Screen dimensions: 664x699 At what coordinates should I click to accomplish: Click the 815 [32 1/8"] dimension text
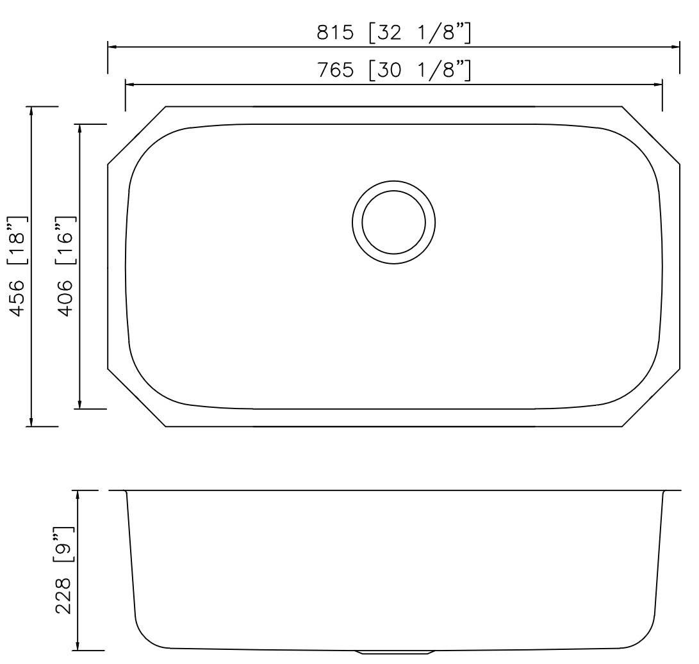click(394, 33)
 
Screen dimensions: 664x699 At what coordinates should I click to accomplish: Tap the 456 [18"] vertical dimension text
click(20, 266)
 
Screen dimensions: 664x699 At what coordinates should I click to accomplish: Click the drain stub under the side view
click(394, 652)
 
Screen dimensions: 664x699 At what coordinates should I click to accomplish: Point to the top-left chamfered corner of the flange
click(136, 135)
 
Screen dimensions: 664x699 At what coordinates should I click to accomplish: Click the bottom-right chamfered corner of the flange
click(650, 398)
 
